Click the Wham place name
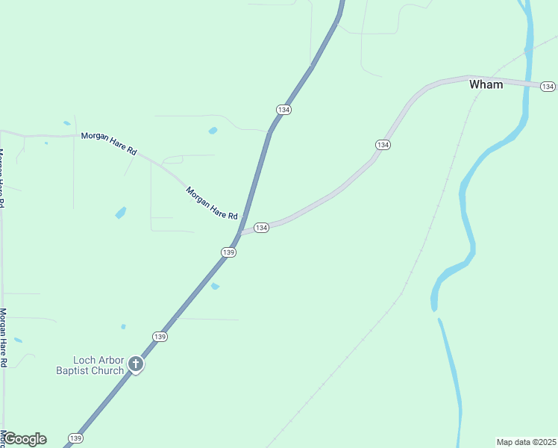tap(486, 84)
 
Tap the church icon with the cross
tap(135, 364)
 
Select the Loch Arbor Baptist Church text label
tap(90, 365)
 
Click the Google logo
tap(24, 438)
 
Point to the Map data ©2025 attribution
tap(526, 442)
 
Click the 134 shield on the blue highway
tap(283, 109)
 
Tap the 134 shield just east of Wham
tap(548, 87)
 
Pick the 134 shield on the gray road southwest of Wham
tap(383, 144)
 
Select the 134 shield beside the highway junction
tap(261, 227)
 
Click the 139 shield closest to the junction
tap(229, 252)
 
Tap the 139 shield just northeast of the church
tap(160, 337)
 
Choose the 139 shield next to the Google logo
tap(75, 438)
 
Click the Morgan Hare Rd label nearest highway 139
tap(212, 202)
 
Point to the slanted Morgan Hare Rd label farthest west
tap(109, 141)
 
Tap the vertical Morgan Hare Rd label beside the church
tap(3, 337)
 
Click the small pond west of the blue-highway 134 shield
tap(213, 131)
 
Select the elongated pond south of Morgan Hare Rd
tap(120, 213)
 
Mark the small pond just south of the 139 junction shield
tap(215, 286)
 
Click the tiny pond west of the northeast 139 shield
tap(123, 326)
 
